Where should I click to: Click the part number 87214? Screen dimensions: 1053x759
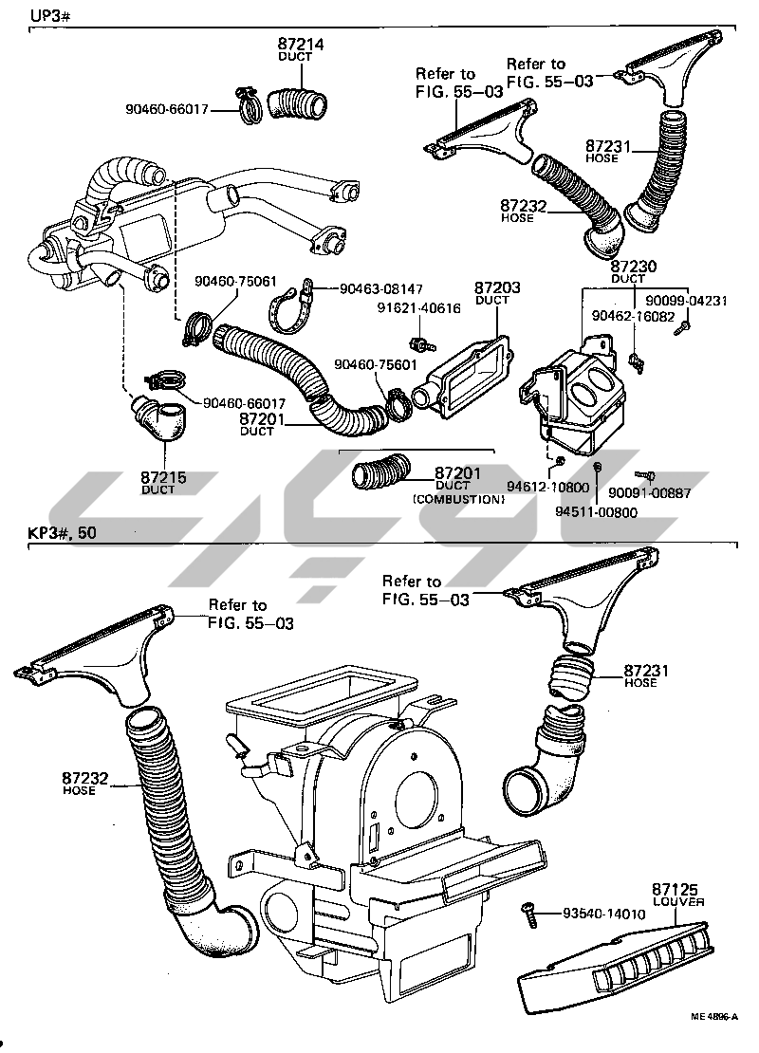[x=301, y=44]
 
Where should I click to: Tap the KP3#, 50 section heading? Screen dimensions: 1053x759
[x=62, y=533]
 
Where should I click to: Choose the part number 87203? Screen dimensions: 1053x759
[x=491, y=286]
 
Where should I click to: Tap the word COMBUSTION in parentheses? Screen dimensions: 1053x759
[x=458, y=498]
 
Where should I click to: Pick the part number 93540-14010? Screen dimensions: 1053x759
[x=603, y=914]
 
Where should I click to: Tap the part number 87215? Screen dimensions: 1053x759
[x=157, y=477]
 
